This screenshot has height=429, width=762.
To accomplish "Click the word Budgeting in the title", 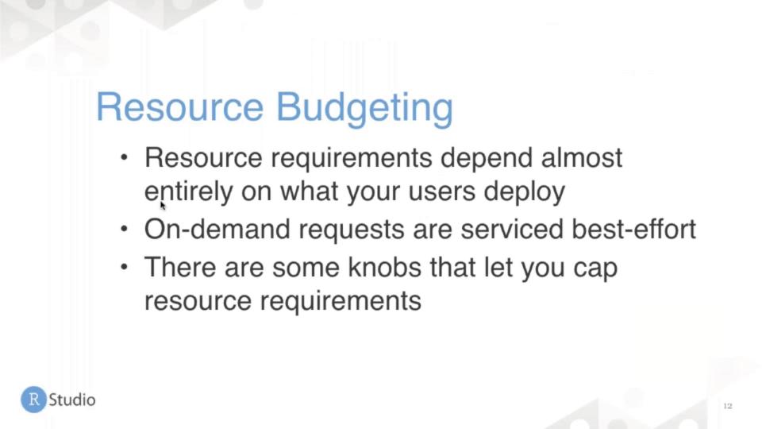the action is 364,109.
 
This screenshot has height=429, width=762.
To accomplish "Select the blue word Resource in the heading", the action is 180,107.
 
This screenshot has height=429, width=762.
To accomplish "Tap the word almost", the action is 581,157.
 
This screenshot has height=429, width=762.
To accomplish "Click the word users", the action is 441,191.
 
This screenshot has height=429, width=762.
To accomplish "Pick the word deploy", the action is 525,191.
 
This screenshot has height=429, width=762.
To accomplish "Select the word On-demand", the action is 217,229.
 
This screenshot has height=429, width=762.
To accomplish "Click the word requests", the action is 352,230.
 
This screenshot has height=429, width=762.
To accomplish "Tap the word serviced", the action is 512,229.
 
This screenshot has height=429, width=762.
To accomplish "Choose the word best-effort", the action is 634,229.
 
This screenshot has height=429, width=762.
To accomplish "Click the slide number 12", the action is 728,406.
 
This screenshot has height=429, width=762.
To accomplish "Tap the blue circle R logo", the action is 33,400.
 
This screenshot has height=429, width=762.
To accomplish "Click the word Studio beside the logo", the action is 72,400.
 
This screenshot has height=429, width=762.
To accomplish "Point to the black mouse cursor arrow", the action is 163,205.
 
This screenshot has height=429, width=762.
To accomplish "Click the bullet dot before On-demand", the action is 125,228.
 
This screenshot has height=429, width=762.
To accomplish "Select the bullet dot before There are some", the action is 125,266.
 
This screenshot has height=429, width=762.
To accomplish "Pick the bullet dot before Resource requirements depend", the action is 125,157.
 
